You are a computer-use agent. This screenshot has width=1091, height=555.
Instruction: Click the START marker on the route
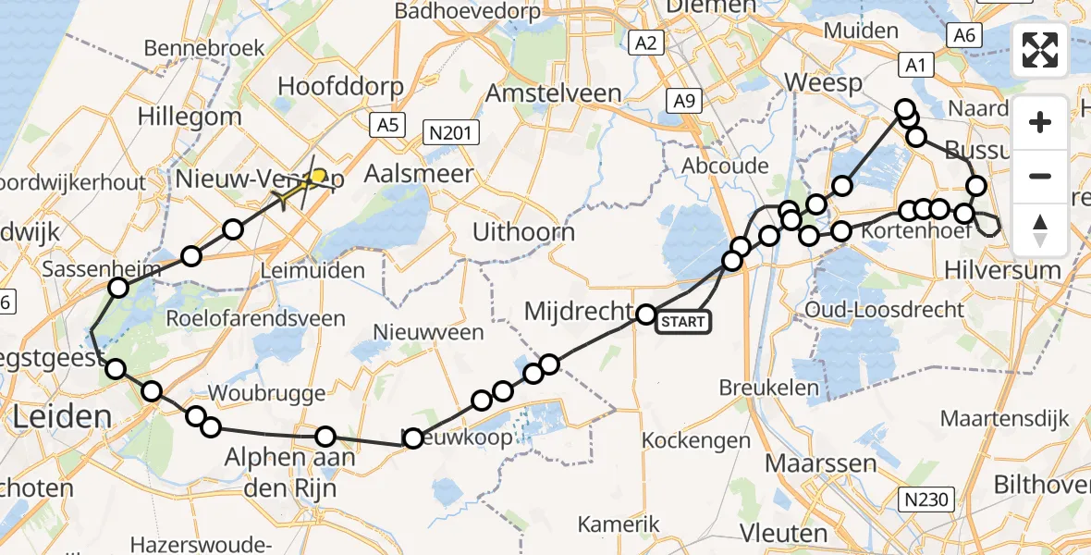pos(682,322)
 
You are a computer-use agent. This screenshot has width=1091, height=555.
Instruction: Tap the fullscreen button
pos(1040,51)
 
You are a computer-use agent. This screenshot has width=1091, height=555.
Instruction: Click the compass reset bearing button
pos(1040,230)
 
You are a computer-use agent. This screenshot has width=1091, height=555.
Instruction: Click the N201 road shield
pos(450,132)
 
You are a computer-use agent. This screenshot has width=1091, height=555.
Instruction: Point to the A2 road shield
pos(645,43)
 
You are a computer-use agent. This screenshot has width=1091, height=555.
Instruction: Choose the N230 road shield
pos(926,500)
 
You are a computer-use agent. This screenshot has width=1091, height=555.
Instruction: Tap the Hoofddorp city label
pos(341,87)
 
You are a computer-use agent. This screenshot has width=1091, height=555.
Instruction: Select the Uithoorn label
pos(523,231)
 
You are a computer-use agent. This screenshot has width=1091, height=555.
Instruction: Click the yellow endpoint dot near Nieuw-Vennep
pos(318,175)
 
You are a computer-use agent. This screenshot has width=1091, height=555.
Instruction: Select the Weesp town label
pos(823,82)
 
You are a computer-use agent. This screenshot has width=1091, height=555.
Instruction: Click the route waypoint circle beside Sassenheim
pos(118,288)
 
